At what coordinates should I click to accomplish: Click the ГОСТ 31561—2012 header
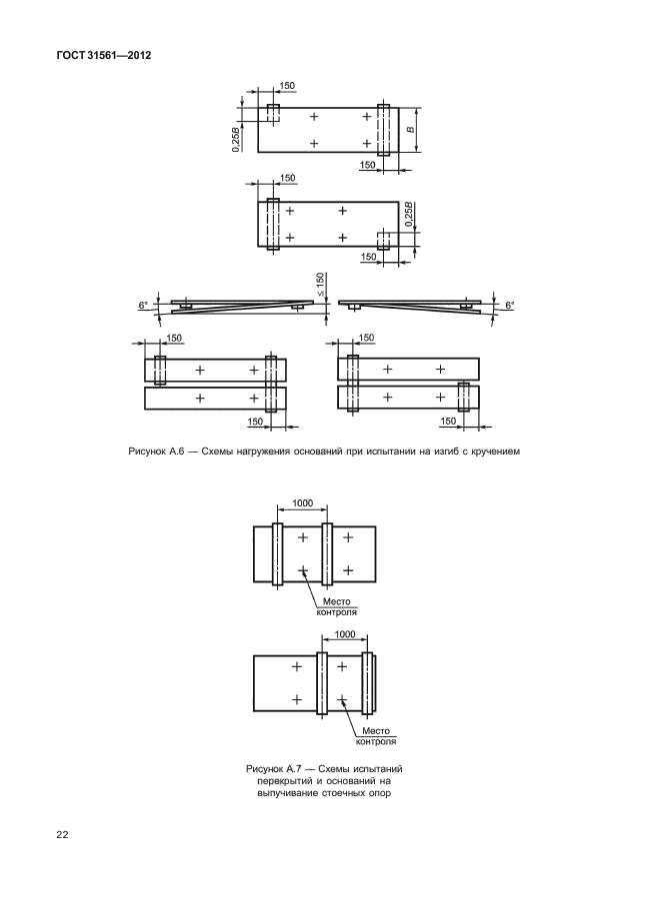click(x=104, y=56)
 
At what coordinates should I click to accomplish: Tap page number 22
click(x=62, y=835)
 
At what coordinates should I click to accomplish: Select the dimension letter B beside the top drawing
click(x=410, y=130)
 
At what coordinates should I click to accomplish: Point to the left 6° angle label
click(x=143, y=305)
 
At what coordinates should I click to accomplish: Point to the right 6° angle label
click(x=511, y=305)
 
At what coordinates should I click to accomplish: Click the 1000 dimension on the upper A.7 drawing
click(x=302, y=503)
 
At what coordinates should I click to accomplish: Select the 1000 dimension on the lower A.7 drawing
click(x=345, y=634)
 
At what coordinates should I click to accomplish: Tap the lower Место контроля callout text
click(x=376, y=736)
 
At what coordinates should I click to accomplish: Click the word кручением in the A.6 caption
click(x=495, y=451)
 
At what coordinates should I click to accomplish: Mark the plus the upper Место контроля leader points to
click(x=302, y=570)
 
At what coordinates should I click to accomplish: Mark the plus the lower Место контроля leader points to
click(x=342, y=698)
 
